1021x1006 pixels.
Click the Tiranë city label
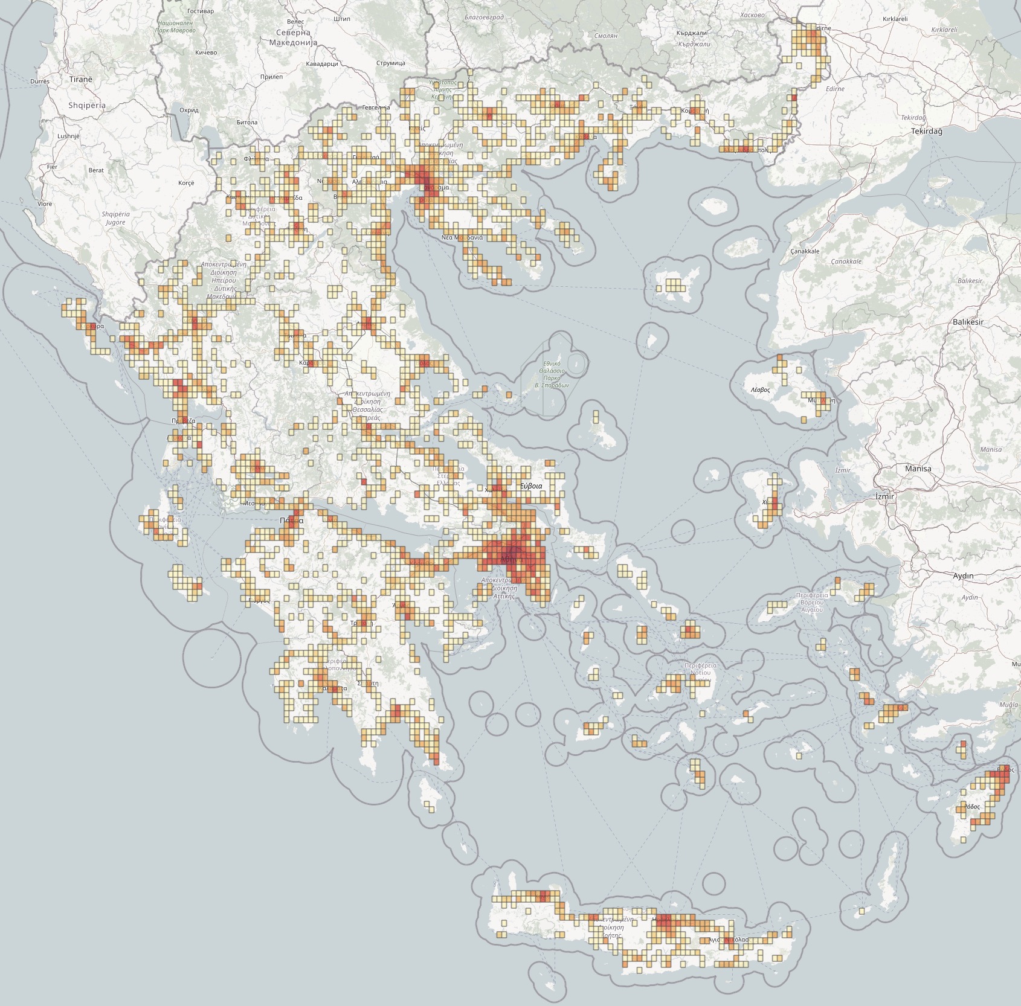pyautogui.click(x=81, y=79)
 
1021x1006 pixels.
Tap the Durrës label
pyautogui.click(x=40, y=81)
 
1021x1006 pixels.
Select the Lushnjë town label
pyautogui.click(x=68, y=136)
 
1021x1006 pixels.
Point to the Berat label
pyautogui.click(x=96, y=170)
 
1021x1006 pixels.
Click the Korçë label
pyautogui.click(x=186, y=182)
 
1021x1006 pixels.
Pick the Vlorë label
pyautogui.click(x=45, y=203)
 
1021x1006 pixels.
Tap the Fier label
pyautogui.click(x=52, y=167)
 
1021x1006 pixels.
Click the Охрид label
pyautogui.click(x=189, y=111)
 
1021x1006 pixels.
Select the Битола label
pyautogui.click(x=247, y=122)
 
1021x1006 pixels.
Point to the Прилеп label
pyautogui.click(x=271, y=77)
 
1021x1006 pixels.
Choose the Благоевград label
pyautogui.click(x=484, y=18)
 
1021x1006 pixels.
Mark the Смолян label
pyautogui.click(x=605, y=36)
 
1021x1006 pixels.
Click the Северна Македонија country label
pyautogui.click(x=293, y=37)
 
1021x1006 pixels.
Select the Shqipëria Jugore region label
pyautogui.click(x=115, y=218)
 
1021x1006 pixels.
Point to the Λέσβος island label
pyautogui.click(x=760, y=390)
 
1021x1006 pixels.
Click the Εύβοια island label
pyautogui.click(x=531, y=485)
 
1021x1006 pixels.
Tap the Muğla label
pyautogui.click(x=1008, y=705)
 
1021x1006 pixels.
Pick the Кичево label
pyautogui.click(x=206, y=53)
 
